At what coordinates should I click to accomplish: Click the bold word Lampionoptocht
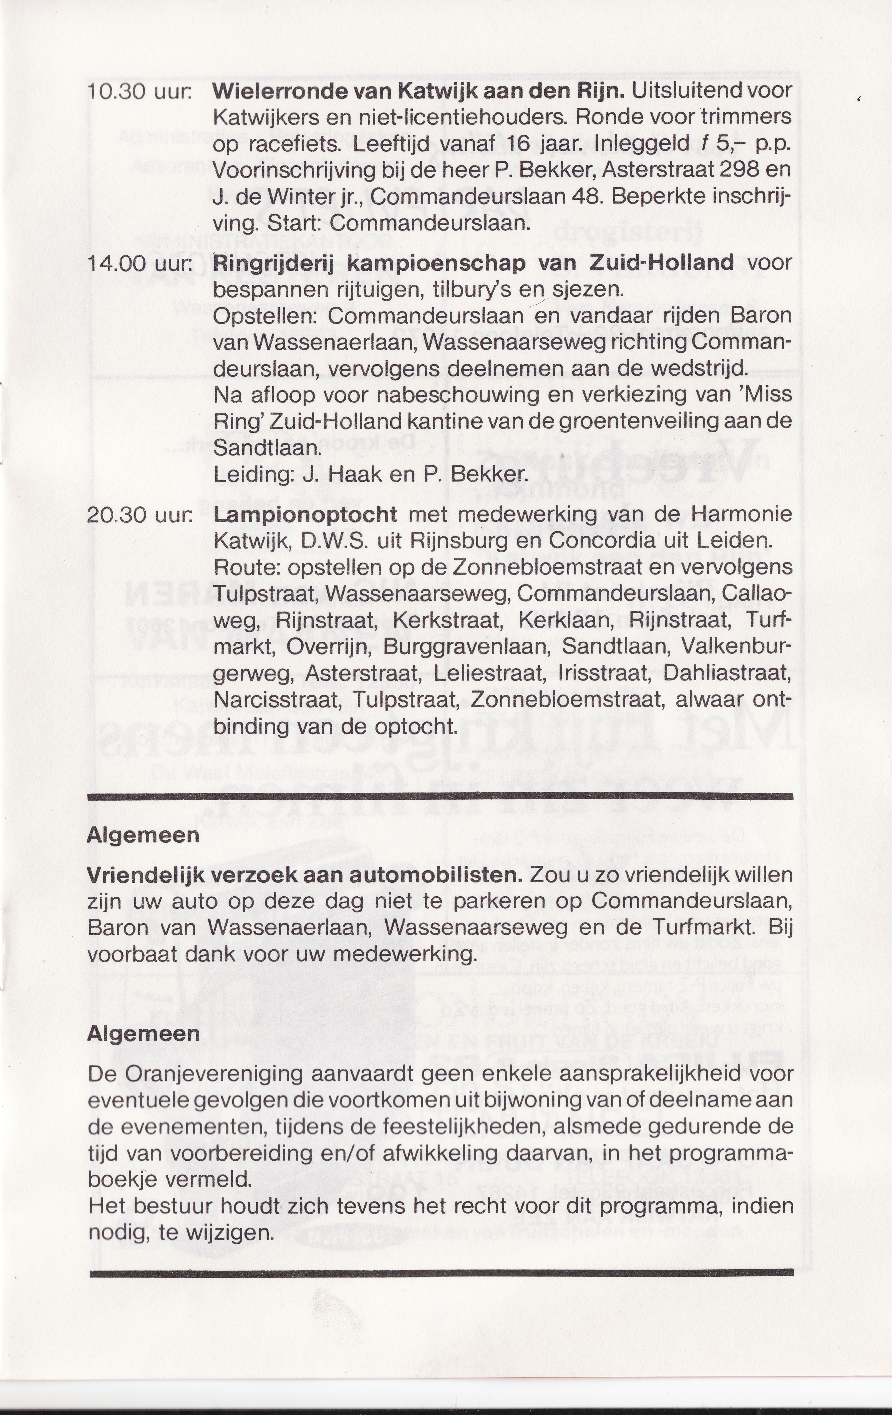tap(305, 515)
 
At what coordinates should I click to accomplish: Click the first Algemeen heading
tap(143, 835)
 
